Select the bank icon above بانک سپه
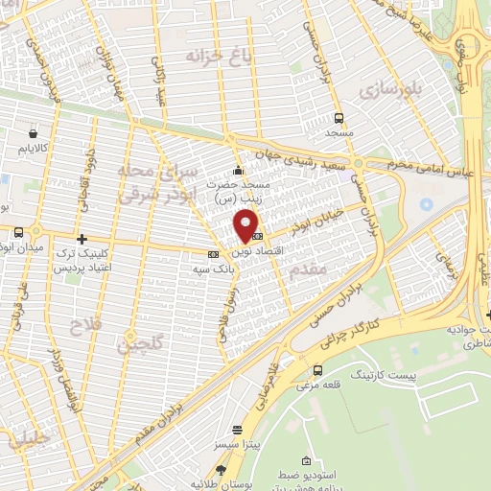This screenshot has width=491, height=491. (213, 254)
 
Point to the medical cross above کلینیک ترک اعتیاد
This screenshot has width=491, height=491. (82, 239)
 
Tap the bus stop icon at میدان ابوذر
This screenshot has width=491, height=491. (18, 232)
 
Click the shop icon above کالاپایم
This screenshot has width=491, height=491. (34, 134)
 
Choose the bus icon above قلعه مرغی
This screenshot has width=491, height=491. (317, 370)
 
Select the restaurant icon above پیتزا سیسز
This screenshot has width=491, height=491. (237, 431)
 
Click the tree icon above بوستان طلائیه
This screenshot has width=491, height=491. (221, 469)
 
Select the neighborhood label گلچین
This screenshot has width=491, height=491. (134, 339)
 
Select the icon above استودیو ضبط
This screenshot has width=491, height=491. (305, 463)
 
